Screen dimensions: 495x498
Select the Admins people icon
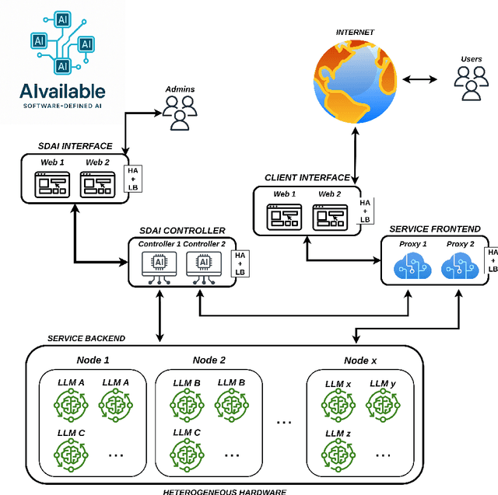pyautogui.click(x=180, y=113)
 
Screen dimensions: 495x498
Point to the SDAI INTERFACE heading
pyautogui.click(x=75, y=146)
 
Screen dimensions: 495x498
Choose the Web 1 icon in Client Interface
pyautogui.click(x=283, y=215)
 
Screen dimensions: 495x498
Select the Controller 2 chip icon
pyautogui.click(x=204, y=265)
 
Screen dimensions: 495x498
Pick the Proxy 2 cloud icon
pyautogui.click(x=459, y=266)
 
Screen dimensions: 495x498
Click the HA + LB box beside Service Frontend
pyautogui.click(x=492, y=260)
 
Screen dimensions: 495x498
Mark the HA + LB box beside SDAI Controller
pyautogui.click(x=240, y=262)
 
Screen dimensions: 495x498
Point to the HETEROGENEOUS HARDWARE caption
pyautogui.click(x=224, y=491)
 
